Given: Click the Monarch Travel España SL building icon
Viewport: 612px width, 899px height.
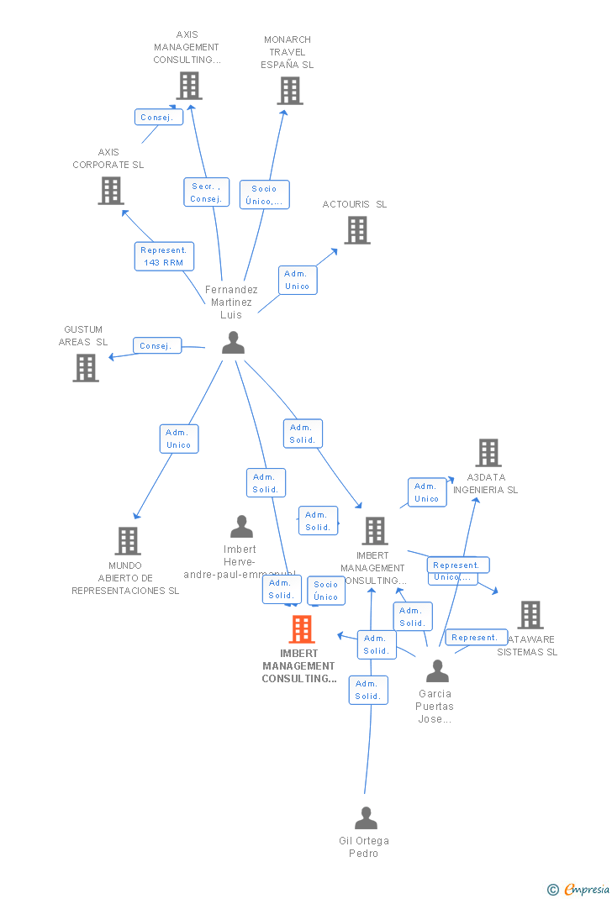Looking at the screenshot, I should coord(290,91).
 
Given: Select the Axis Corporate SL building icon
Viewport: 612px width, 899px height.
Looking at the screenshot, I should coord(111,191).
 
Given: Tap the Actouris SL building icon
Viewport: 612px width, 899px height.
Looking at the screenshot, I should coord(357,230).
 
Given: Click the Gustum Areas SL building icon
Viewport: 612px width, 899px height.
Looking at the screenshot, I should coord(86,368).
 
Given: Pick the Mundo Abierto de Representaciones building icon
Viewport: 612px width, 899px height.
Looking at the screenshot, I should coord(128,541).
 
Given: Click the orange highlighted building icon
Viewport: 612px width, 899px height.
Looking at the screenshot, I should coord(302,629).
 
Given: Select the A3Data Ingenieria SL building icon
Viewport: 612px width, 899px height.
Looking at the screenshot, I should coord(488,453).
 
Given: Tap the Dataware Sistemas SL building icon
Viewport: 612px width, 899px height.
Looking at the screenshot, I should coord(530,615).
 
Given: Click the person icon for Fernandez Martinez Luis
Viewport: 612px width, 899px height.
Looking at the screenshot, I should coord(233,343).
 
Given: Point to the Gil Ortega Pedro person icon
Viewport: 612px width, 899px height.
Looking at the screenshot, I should coord(366,818).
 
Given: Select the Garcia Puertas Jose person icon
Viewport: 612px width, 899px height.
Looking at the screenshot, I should coord(437,671).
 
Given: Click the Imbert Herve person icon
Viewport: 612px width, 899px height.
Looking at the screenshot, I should coord(242,527).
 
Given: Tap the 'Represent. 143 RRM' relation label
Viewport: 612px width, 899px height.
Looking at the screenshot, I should coord(164,256).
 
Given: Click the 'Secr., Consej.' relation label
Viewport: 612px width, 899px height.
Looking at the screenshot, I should coord(206,192).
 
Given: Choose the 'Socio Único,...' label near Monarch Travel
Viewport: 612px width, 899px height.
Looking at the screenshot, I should coord(264,195).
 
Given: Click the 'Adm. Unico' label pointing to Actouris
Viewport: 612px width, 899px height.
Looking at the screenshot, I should coord(297,280).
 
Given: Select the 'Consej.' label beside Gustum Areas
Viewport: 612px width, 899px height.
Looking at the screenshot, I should coord(156,345).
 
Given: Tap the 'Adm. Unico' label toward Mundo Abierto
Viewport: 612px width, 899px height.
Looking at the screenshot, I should coord(178,439).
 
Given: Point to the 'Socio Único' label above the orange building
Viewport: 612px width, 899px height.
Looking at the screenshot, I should coord(326,591).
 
